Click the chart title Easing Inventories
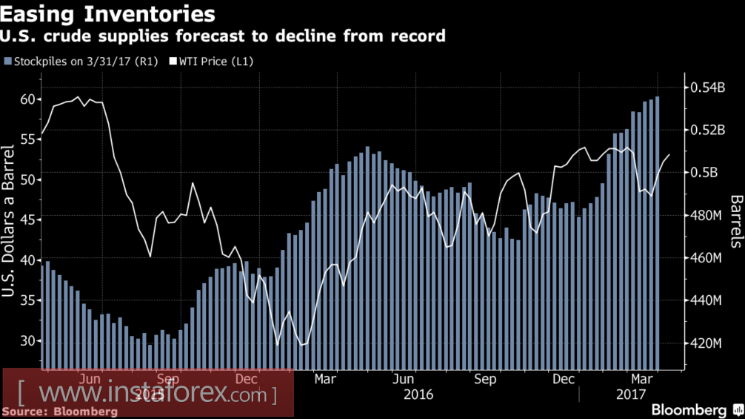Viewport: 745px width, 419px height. [110, 14]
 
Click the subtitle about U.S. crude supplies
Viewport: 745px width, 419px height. [224, 36]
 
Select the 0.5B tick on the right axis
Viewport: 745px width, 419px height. [706, 173]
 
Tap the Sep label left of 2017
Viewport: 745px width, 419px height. [484, 379]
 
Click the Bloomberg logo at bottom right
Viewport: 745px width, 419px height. [689, 410]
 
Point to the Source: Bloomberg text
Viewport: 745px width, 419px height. [64, 411]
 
